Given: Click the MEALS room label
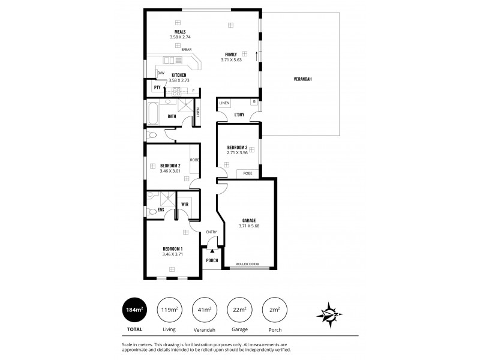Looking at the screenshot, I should coord(180,32).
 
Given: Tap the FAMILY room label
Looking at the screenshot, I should coord(230,54).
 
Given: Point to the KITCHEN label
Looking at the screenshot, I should coord(179,75).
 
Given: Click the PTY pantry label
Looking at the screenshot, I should coord(157,87).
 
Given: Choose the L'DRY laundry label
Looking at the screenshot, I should coord(239,113).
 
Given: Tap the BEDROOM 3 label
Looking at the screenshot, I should coord(238,148).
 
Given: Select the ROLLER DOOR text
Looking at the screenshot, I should coord(246,264).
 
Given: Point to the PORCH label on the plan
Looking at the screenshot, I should coord(212,260).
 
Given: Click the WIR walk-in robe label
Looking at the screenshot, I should coord(185,203).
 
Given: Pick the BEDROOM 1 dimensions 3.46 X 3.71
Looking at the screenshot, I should coord(172,254).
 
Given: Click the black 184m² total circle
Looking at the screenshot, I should coord(134,309).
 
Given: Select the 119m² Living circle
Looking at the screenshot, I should coord(168,309).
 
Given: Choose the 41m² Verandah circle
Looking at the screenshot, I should coord(203,309).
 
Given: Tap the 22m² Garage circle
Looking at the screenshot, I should coord(239,309).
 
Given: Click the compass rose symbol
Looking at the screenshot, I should coord(329,313).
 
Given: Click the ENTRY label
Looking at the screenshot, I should coord(211,232).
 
